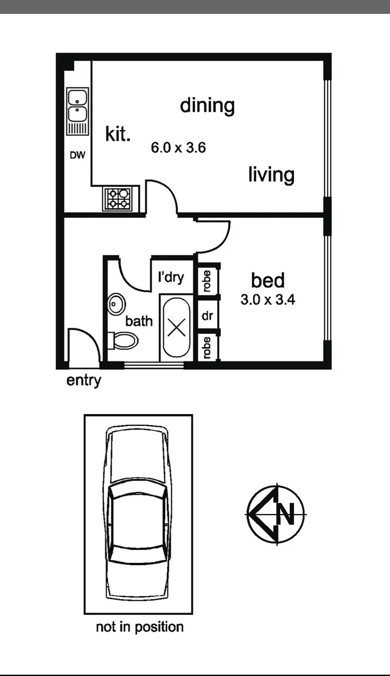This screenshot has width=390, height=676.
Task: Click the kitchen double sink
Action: pos(78,111)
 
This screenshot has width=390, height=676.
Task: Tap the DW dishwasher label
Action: pos(78,155)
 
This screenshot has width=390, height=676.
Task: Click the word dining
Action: pos(207,106)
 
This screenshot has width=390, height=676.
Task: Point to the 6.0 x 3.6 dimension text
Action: pos(179,148)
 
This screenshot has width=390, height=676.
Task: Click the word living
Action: pos(271,175)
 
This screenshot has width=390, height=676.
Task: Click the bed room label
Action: pos(268,280)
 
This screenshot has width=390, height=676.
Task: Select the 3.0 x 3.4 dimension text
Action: pos(268,300)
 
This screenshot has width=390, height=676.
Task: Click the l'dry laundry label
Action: pos(171,277)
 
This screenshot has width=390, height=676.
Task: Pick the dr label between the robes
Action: pos(207,315)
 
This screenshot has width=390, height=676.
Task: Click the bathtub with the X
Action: pos(177,327)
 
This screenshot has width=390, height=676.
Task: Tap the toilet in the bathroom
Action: pos(124,341)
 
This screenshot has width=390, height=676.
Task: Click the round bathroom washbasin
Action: pos(116,304)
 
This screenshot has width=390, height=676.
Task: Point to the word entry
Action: pos(83,381)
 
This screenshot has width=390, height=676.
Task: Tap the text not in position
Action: pos(140,627)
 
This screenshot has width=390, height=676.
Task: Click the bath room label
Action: pos(139,321)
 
